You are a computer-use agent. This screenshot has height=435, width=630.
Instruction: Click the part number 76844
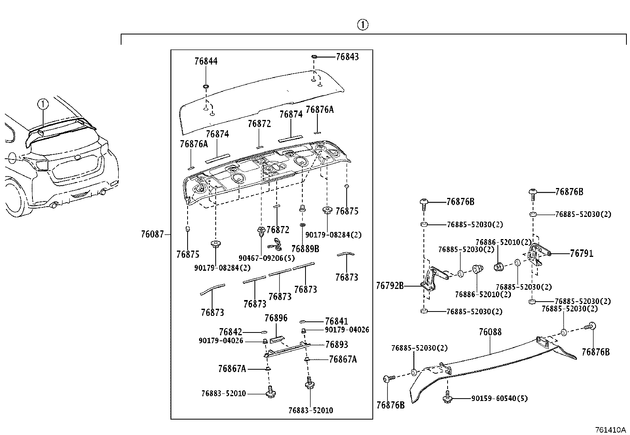(x=206, y=61)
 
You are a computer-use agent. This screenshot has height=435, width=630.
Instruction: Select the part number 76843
(x=347, y=57)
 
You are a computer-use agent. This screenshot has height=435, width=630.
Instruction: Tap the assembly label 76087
(x=152, y=234)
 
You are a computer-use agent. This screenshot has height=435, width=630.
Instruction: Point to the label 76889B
(x=305, y=249)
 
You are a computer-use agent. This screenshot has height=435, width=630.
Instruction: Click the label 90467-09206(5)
(x=267, y=258)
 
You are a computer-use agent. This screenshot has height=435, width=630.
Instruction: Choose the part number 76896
(x=276, y=318)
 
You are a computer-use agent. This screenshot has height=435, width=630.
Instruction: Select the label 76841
(x=336, y=321)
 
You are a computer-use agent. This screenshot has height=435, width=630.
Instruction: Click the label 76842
(x=230, y=332)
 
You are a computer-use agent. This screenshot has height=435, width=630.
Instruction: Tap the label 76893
(x=337, y=344)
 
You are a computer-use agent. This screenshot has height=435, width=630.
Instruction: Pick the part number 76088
(x=490, y=332)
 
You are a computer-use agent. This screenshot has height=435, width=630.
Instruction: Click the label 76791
(x=582, y=253)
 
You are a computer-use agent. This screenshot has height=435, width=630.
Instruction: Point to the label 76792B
(x=390, y=286)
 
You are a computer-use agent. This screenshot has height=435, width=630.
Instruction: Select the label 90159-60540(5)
(x=499, y=399)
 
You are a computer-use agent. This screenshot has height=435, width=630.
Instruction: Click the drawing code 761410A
(x=610, y=430)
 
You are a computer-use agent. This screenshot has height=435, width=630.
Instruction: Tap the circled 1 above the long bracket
(x=363, y=25)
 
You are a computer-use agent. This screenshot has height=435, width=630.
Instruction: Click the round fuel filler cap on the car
(x=13, y=158)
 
